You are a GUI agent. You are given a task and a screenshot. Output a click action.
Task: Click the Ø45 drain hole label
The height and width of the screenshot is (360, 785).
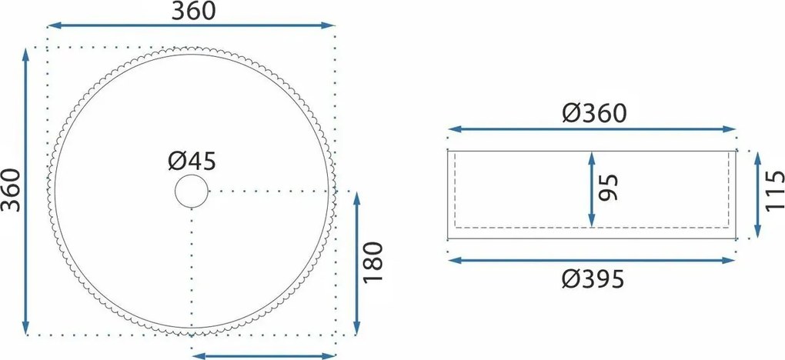[x=192, y=162]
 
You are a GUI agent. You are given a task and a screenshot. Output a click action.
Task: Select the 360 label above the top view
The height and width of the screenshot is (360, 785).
[x=193, y=11]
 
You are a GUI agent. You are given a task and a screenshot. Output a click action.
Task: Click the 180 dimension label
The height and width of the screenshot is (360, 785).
[x=372, y=262]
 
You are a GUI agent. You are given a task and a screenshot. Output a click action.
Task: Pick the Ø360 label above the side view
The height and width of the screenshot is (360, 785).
[x=594, y=114]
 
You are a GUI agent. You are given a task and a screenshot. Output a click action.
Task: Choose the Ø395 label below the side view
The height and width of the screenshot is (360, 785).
[x=593, y=279]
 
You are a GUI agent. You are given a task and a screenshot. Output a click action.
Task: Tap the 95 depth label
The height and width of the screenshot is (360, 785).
[x=609, y=188]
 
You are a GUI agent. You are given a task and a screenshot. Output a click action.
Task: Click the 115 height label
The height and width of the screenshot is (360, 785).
[x=774, y=191]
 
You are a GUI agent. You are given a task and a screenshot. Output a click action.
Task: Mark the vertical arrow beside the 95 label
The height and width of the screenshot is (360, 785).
[x=592, y=189]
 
